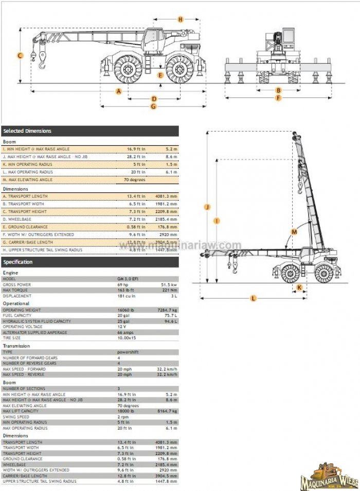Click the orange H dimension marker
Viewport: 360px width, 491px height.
click(x=180, y=20)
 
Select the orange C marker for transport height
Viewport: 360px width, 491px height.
click(x=20, y=56)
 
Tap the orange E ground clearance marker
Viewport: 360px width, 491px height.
click(x=160, y=75)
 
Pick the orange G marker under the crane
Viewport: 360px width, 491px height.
click(x=153, y=107)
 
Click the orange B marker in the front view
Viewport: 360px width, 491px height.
click(x=278, y=90)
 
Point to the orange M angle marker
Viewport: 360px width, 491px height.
click(x=294, y=232)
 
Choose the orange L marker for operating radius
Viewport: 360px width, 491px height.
click(x=253, y=298)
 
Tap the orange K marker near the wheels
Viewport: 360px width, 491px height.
click(x=299, y=287)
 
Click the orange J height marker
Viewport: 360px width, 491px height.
click(x=207, y=207)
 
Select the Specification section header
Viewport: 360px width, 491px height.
click(x=18, y=262)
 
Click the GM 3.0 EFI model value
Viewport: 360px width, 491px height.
click(x=129, y=278)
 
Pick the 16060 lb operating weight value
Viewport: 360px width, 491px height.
click(x=126, y=310)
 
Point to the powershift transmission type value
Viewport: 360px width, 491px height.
click(x=128, y=352)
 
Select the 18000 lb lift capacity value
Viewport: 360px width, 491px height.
click(x=126, y=411)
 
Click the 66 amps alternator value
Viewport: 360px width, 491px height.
click(x=125, y=332)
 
